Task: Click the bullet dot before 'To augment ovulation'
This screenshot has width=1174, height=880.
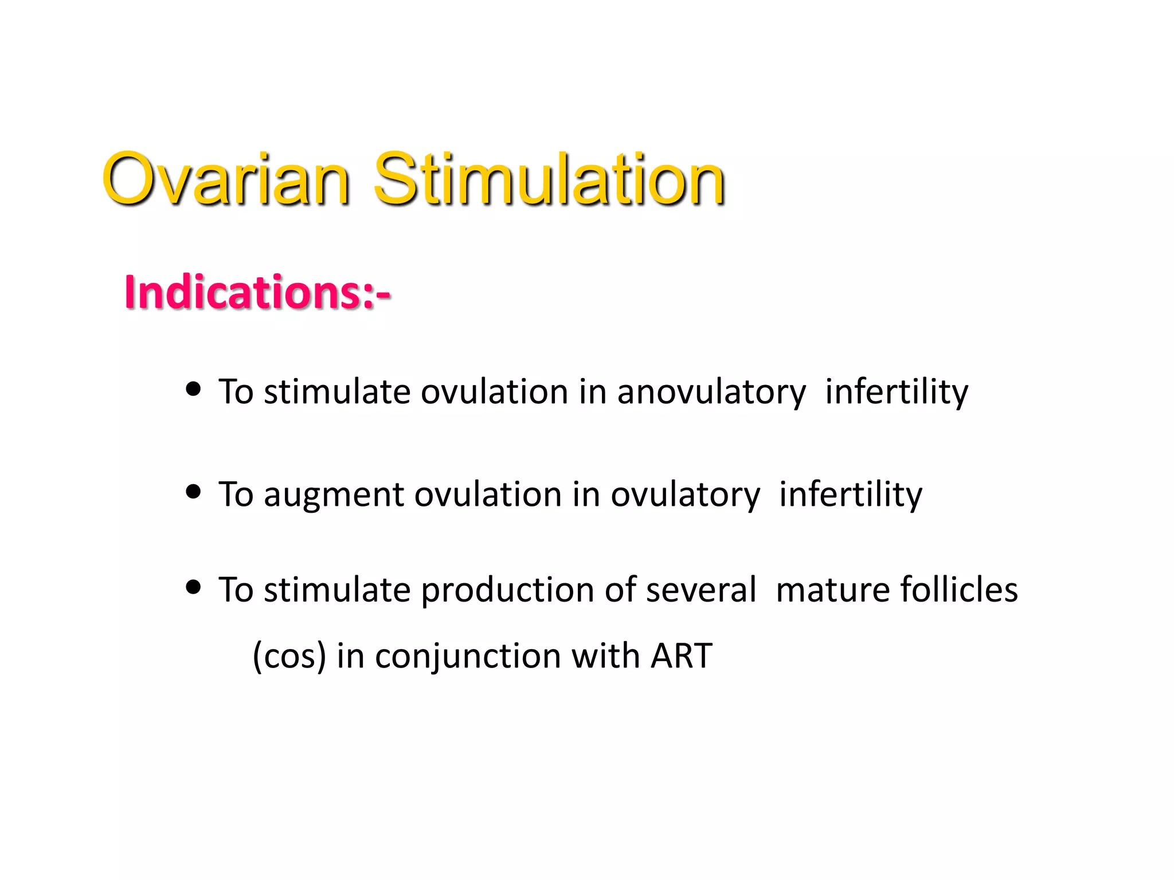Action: [194, 492]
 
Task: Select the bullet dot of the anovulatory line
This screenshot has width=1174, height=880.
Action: [194, 390]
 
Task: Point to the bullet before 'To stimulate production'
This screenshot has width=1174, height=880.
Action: [194, 587]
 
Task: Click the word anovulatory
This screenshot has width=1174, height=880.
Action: [711, 393]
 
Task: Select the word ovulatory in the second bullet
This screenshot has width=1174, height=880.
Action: [685, 496]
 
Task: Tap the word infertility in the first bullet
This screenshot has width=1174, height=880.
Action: [897, 393]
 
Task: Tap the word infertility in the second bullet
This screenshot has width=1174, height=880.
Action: [851, 496]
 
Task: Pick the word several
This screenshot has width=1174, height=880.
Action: [701, 591]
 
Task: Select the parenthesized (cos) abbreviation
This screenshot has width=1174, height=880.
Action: [289, 657]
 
